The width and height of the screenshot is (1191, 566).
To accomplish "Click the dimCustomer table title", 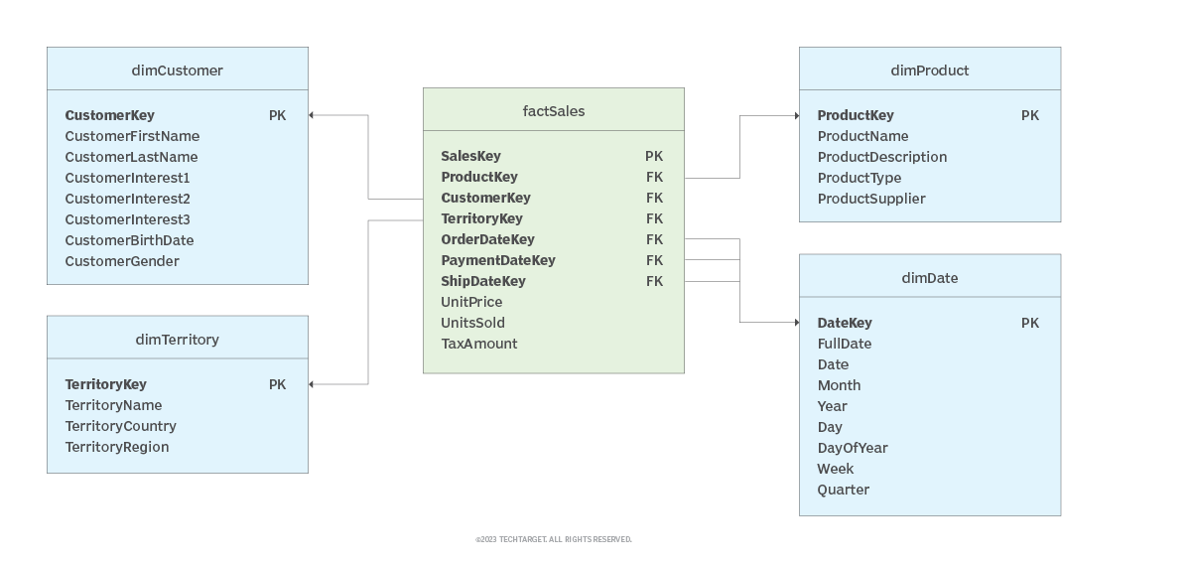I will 177,71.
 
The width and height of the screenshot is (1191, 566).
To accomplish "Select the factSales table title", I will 554,111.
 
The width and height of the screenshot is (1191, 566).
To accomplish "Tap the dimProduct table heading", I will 929,71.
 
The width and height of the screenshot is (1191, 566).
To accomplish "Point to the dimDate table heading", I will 929,278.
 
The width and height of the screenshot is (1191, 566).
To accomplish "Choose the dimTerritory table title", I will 177,340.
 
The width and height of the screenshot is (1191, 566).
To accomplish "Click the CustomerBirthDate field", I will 129,240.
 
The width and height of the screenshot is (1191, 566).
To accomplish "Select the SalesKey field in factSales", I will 470,156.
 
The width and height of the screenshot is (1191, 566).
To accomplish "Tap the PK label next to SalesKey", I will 654,156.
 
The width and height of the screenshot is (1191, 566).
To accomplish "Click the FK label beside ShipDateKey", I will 654,281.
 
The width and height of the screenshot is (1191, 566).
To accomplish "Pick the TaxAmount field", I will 479,344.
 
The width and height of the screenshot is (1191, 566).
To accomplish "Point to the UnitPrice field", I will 471,302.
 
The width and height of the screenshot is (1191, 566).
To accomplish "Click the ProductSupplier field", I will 870,199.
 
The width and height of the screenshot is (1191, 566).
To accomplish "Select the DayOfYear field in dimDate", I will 852,448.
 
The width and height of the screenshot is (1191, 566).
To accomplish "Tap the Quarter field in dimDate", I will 843,490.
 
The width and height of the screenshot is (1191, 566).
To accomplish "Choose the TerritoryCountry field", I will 120,426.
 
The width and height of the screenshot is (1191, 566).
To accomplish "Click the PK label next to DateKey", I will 1030,323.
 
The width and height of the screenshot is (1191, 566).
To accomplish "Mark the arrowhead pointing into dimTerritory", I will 312,384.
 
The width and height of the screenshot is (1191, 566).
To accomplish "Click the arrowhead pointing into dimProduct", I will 796,116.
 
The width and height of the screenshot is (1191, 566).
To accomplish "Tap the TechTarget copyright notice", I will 553,539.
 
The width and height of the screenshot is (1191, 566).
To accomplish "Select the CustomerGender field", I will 122,261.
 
